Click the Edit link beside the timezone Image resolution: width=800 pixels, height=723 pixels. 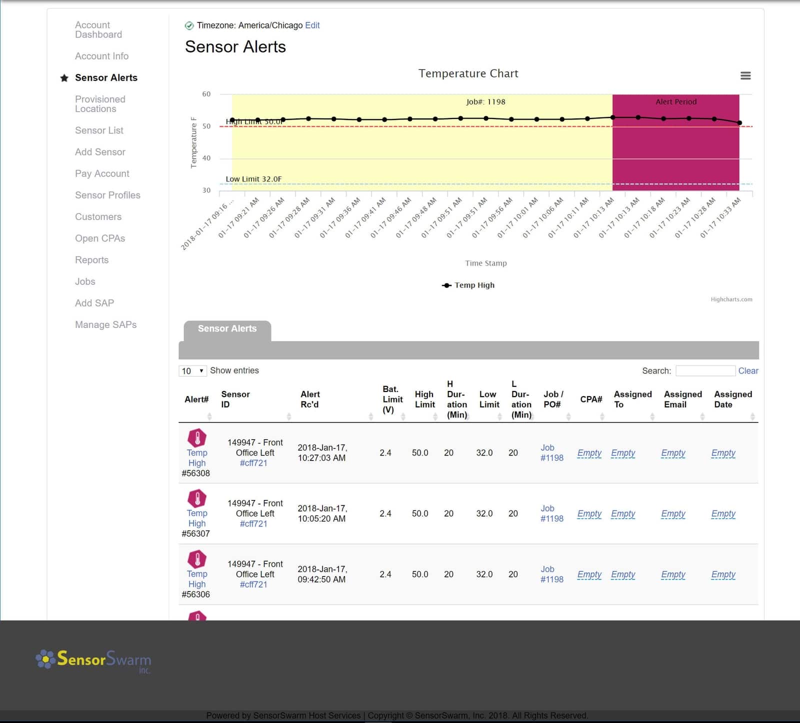pyautogui.click(x=312, y=25)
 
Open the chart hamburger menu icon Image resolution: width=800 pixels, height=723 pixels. pyautogui.click(x=745, y=75)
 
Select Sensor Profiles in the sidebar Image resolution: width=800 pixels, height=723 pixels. pyautogui.click(x=107, y=195)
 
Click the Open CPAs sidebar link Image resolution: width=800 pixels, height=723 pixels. pyautogui.click(x=100, y=238)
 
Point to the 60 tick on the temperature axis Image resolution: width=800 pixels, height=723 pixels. pyautogui.click(x=206, y=94)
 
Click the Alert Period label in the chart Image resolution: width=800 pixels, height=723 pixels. pyautogui.click(x=675, y=102)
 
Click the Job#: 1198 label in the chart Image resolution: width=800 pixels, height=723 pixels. pyautogui.click(x=485, y=102)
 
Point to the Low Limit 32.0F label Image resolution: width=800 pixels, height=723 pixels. pyautogui.click(x=253, y=179)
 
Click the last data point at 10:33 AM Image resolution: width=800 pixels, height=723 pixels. pyautogui.click(x=739, y=122)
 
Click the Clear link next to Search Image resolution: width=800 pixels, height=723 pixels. pyautogui.click(x=748, y=371)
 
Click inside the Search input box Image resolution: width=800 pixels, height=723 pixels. pyautogui.click(x=705, y=371)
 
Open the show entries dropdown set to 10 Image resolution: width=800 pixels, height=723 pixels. pyautogui.click(x=192, y=371)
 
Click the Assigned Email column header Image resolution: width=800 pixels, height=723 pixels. pyautogui.click(x=682, y=399)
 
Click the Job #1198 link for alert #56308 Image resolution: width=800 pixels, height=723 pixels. pyautogui.click(x=551, y=453)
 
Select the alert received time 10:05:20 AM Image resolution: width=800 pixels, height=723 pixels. pyautogui.click(x=322, y=513)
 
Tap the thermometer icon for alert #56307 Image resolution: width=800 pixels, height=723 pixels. pyautogui.click(x=197, y=498)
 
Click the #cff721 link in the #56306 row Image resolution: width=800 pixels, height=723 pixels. pyautogui.click(x=253, y=584)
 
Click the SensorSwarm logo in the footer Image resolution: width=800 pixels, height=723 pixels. pyautogui.click(x=93, y=660)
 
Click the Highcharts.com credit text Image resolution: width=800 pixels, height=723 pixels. pyautogui.click(x=731, y=299)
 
